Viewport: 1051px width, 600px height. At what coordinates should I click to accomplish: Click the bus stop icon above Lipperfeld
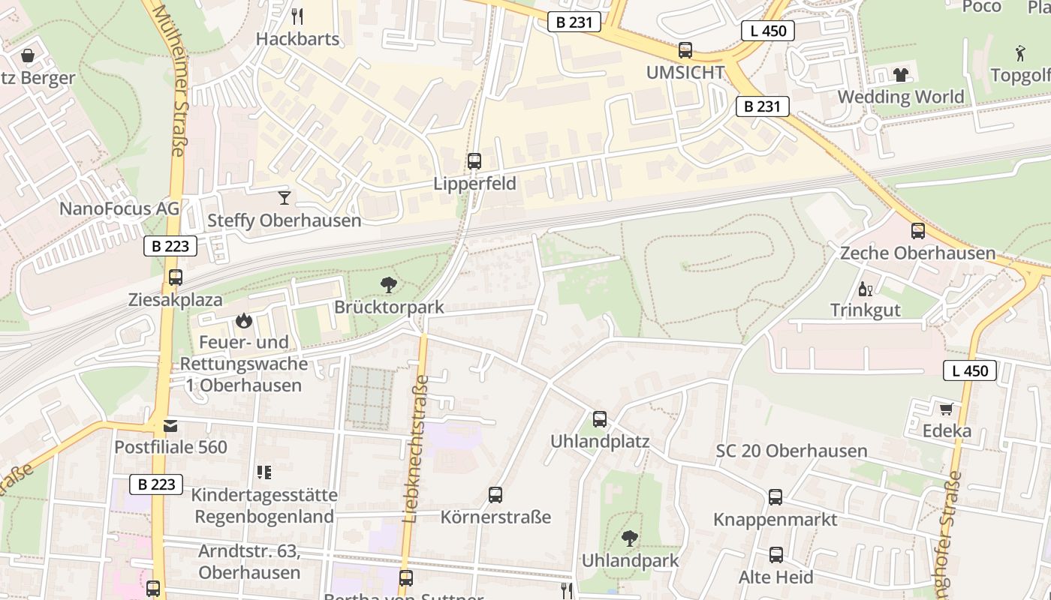pyautogui.click(x=474, y=160)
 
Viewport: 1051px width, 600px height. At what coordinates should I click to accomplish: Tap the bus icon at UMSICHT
pyautogui.click(x=685, y=50)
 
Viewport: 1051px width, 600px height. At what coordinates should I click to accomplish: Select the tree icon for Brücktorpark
pyautogui.click(x=388, y=285)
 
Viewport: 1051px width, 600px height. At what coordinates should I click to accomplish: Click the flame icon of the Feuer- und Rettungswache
pyautogui.click(x=242, y=321)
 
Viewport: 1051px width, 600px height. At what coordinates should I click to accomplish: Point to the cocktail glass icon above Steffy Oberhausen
pyautogui.click(x=284, y=198)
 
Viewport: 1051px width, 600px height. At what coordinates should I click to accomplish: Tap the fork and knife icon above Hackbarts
pyautogui.click(x=297, y=16)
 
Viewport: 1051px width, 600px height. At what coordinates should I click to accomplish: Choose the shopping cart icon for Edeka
pyautogui.click(x=946, y=409)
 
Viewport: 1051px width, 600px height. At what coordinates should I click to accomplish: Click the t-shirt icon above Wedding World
pyautogui.click(x=900, y=75)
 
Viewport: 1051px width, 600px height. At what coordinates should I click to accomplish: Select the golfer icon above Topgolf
pyautogui.click(x=1019, y=53)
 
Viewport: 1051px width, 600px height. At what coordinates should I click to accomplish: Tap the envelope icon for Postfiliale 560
pyautogui.click(x=170, y=426)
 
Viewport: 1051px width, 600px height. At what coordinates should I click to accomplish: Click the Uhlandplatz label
pyautogui.click(x=599, y=440)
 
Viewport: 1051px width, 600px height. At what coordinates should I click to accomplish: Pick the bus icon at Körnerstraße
pyautogui.click(x=495, y=495)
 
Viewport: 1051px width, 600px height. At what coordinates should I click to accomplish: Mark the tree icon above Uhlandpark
pyautogui.click(x=629, y=538)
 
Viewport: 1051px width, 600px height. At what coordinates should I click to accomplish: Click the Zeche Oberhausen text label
pyautogui.click(x=917, y=253)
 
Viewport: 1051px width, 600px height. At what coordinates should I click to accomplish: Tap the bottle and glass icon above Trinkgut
pyautogui.click(x=865, y=289)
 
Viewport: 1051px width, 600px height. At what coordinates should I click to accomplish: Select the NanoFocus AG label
pyautogui.click(x=119, y=208)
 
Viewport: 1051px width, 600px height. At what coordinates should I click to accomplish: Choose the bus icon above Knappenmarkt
pyautogui.click(x=775, y=497)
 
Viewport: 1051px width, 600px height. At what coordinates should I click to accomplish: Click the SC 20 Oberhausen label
pyautogui.click(x=791, y=451)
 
